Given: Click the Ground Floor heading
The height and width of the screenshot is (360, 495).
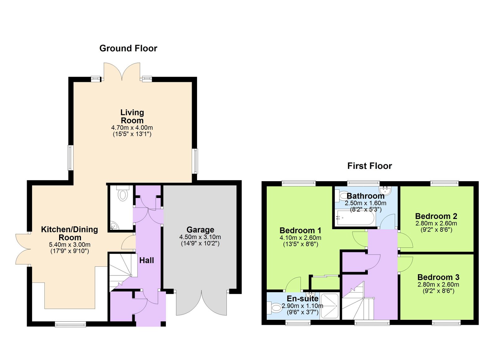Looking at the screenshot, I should (x=128, y=48).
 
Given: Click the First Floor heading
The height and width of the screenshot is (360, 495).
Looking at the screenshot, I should (x=369, y=166).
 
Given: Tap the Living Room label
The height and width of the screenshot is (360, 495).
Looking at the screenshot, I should (x=132, y=116).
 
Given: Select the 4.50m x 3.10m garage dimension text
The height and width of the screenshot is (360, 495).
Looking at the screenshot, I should (x=200, y=237).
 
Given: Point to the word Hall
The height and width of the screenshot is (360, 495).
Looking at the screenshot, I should (x=146, y=260).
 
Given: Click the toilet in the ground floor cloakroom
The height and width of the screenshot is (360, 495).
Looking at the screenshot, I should (x=123, y=194).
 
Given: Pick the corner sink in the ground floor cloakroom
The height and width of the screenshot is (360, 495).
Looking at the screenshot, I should (x=114, y=226).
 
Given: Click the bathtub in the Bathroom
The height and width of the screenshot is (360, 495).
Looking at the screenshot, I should (x=355, y=218).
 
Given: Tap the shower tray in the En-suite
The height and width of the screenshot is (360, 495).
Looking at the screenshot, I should (x=329, y=306).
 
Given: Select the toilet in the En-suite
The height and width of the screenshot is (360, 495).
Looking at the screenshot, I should (x=274, y=308).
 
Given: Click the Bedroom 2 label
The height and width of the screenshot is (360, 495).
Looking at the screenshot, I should (x=436, y=216).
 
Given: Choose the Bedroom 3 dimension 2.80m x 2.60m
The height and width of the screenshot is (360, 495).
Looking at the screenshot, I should (x=438, y=285).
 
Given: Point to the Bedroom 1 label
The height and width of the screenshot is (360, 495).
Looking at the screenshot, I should (x=300, y=230).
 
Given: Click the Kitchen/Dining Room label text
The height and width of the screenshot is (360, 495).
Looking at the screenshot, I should (x=70, y=234).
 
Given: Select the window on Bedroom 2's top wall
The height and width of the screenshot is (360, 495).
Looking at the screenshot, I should (x=444, y=183).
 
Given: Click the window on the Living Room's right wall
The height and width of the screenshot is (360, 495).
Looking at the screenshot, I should (x=195, y=161).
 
